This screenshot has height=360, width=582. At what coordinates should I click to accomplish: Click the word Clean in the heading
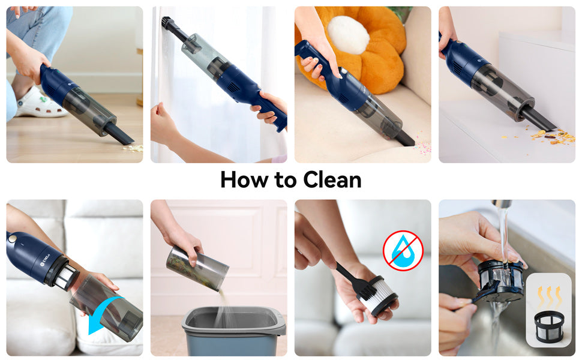[x=332, y=180]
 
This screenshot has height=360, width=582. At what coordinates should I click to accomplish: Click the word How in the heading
[x=244, y=180]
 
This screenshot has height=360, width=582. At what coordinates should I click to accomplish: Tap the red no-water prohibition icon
[x=403, y=251]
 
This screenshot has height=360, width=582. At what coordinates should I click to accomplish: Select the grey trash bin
[x=234, y=331]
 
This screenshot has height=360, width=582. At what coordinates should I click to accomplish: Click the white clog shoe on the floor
[x=39, y=103]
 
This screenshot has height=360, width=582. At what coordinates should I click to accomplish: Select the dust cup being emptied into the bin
[x=197, y=268]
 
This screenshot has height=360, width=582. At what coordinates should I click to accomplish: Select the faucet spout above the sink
[x=502, y=205]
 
